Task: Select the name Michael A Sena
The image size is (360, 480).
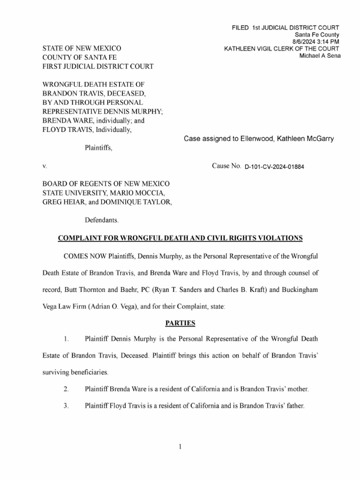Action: (x=320, y=56)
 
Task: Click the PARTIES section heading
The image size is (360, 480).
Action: (x=180, y=323)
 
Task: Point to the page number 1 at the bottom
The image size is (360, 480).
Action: (x=180, y=447)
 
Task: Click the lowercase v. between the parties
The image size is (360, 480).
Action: (x=45, y=166)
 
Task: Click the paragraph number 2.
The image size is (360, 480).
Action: (x=66, y=389)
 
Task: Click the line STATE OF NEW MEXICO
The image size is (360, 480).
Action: (x=82, y=48)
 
